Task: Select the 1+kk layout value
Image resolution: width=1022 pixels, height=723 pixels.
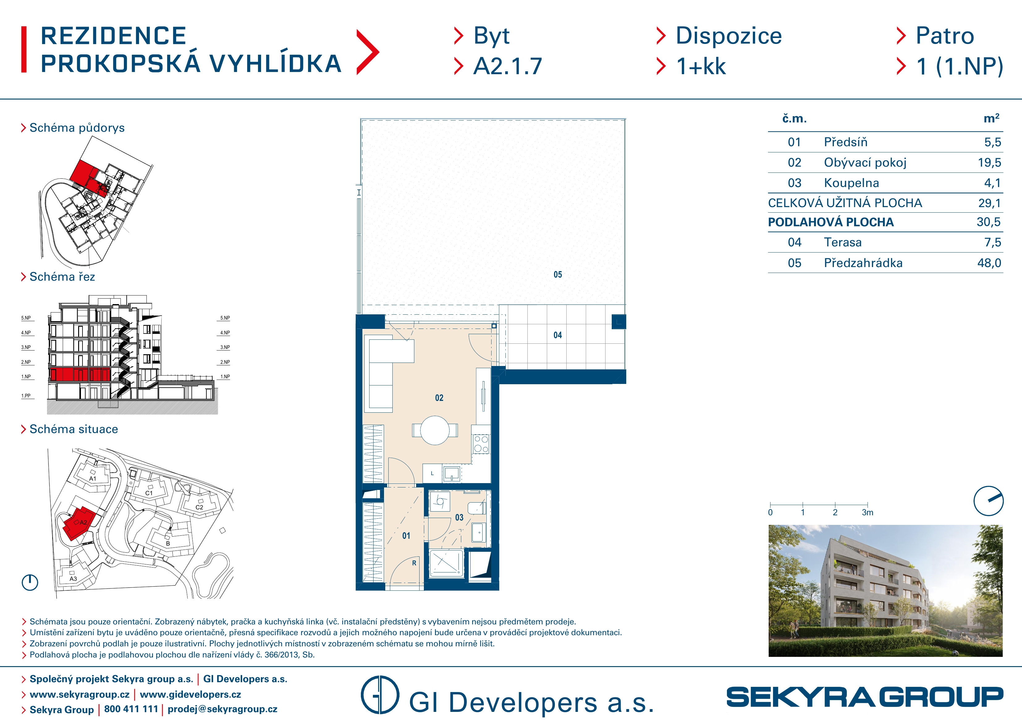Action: click(x=701, y=66)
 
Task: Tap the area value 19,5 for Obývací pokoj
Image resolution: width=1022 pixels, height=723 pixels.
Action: click(x=989, y=163)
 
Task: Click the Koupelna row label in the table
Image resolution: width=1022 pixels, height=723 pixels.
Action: click(x=851, y=183)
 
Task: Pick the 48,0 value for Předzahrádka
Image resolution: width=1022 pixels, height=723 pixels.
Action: click(x=989, y=263)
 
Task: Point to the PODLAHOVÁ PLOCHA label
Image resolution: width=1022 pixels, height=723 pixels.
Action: click(x=830, y=222)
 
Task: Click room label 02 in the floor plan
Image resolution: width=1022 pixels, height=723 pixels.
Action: click(x=439, y=398)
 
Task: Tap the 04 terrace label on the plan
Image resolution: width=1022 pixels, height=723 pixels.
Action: click(x=558, y=335)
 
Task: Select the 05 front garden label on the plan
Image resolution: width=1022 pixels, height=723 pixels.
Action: click(x=558, y=274)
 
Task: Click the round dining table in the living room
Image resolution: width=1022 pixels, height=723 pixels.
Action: click(x=435, y=430)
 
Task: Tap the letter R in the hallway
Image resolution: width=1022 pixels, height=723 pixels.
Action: click(x=414, y=563)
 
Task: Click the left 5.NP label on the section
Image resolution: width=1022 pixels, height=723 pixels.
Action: click(x=26, y=318)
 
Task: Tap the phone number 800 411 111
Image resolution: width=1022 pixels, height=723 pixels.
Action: click(x=131, y=709)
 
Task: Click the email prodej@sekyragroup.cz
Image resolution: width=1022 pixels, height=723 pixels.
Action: click(x=222, y=709)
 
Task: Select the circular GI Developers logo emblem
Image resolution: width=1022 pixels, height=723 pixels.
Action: click(x=380, y=695)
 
